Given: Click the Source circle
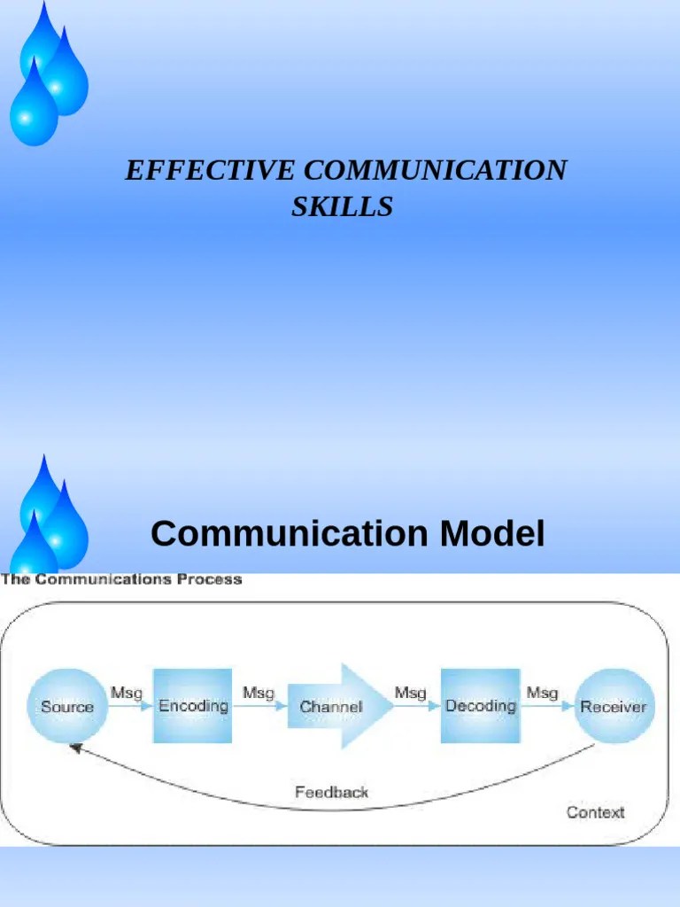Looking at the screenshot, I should click(x=66, y=706).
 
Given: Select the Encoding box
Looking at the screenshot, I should click(x=193, y=706).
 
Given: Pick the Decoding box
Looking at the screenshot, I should click(x=480, y=706).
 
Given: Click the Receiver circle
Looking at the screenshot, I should click(x=614, y=706).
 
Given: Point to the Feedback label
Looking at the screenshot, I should click(x=331, y=792).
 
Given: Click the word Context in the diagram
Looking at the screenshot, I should click(x=595, y=811).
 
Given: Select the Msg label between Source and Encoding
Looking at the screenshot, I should click(x=126, y=693).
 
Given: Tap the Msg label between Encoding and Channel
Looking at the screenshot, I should click(x=259, y=693).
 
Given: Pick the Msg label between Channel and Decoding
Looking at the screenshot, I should click(x=410, y=693).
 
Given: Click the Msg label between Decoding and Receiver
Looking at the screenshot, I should click(x=542, y=693).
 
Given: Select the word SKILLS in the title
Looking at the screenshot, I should click(x=342, y=206).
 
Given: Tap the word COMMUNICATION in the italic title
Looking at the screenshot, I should click(x=434, y=170).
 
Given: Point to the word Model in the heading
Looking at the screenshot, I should click(x=491, y=534).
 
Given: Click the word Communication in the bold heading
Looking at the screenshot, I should click(x=290, y=534).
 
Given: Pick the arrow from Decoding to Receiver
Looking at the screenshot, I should click(x=547, y=706).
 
